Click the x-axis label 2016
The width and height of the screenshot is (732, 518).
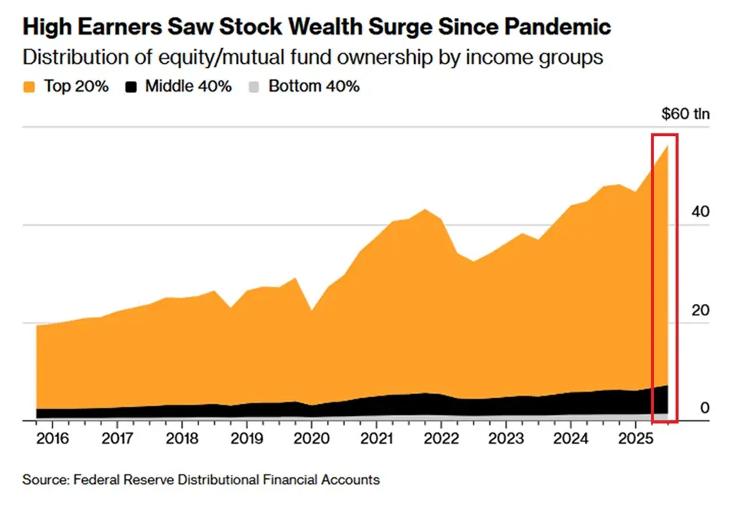coord(53,438)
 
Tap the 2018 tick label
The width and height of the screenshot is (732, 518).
coord(181,438)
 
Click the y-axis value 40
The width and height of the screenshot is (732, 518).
coord(700,212)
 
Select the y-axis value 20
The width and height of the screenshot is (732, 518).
coord(700,310)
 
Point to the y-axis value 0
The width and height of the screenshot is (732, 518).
coord(704,408)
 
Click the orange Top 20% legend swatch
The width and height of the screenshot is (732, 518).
coord(29,86)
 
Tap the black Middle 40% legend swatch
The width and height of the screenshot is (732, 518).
coord(132,86)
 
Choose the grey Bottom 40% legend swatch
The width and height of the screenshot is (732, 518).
coord(255,86)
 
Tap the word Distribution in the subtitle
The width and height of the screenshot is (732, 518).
coord(68,58)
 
